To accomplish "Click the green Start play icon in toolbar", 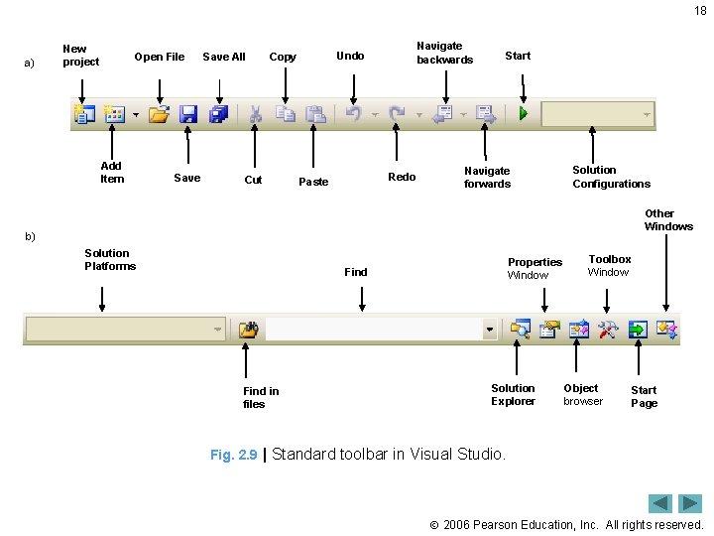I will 523,114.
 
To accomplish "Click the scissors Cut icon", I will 255,114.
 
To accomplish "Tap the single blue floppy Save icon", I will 188,114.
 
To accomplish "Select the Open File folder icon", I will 159,114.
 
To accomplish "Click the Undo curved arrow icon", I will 352,114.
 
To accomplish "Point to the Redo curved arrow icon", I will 397,114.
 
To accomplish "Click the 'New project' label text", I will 80,56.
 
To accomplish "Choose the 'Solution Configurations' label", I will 611,177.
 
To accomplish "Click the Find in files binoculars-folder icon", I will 249,329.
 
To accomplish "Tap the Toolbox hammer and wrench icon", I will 607,329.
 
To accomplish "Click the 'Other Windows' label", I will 668,219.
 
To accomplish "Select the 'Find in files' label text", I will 261,397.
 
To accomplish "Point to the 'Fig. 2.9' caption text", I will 233,455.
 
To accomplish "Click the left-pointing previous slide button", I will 660,503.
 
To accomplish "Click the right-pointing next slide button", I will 690,503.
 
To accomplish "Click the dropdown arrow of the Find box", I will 489,329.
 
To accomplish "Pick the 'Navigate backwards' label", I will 444,53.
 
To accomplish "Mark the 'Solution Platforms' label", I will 110,259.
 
